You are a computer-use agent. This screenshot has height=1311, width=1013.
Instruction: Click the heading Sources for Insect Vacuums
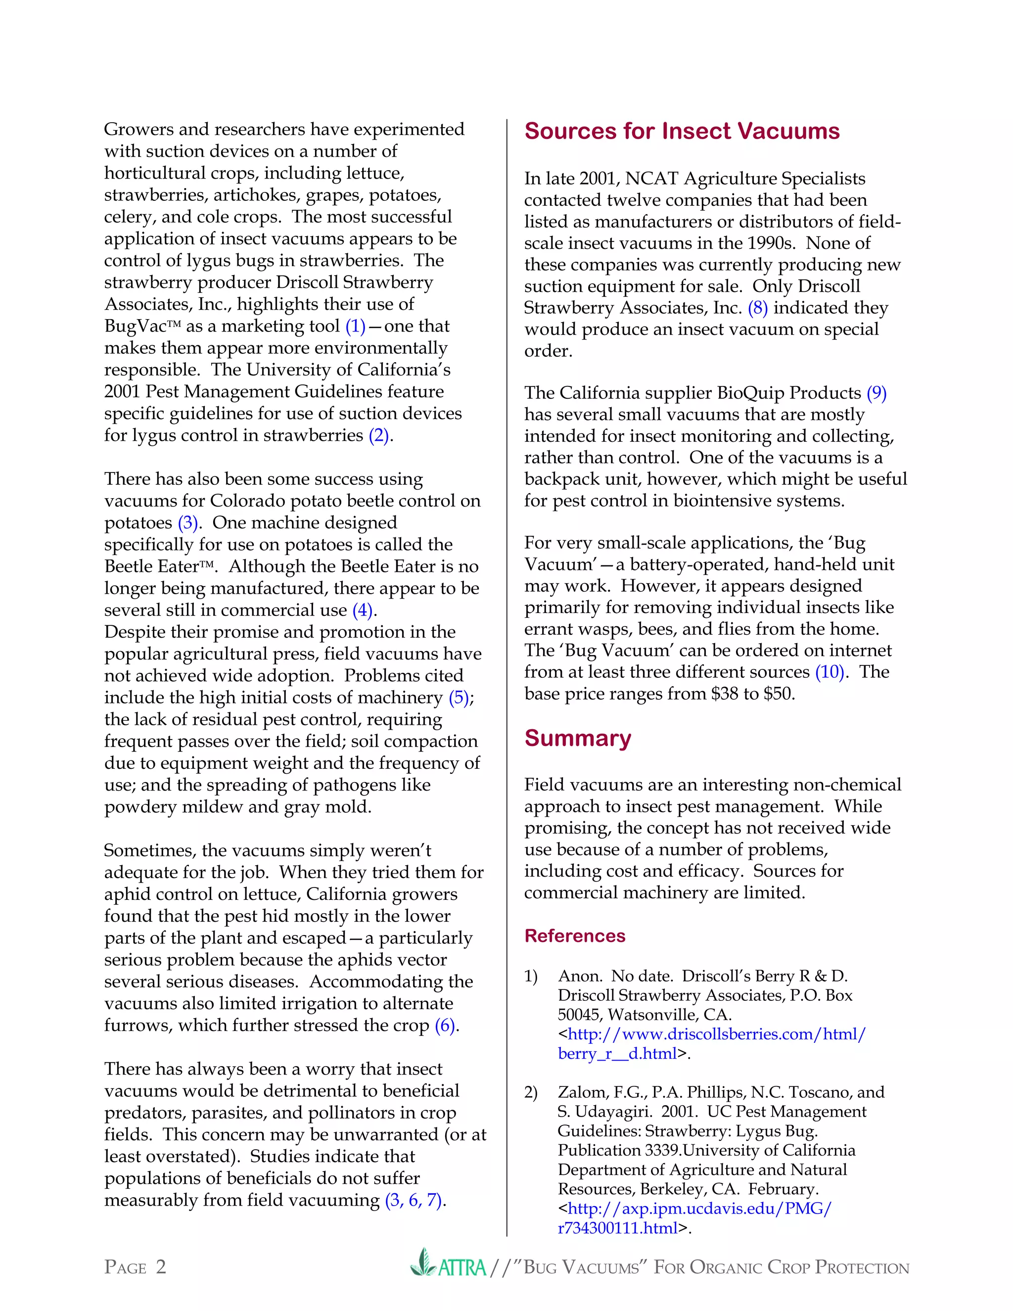tap(682, 132)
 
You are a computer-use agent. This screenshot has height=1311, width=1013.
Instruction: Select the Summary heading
tap(577, 738)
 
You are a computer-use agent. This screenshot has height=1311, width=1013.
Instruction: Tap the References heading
tap(574, 936)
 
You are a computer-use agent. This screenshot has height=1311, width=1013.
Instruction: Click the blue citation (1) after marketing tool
tap(355, 326)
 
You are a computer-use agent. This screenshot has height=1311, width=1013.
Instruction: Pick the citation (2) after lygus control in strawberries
tap(379, 435)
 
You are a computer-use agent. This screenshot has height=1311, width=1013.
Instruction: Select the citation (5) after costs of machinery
tap(459, 698)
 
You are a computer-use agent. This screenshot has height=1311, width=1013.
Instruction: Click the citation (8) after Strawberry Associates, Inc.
tap(757, 308)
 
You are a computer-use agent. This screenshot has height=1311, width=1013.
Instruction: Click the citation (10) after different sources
tap(830, 672)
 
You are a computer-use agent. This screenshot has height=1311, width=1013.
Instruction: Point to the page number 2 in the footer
tap(161, 1266)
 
